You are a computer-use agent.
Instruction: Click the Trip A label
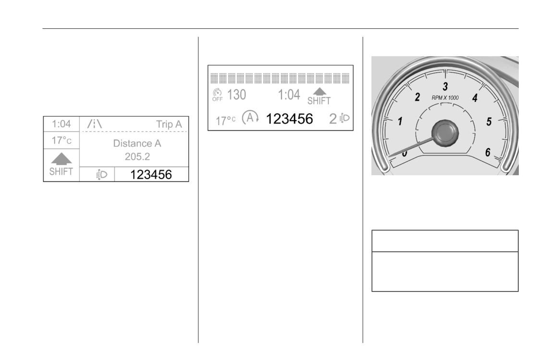(169, 124)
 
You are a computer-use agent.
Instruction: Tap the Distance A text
(137, 143)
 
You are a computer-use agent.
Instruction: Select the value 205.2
(137, 156)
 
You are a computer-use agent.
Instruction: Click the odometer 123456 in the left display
(151, 175)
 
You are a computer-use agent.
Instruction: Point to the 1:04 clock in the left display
(61, 124)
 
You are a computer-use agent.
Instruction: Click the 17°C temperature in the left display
(61, 140)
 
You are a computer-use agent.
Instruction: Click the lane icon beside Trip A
(94, 124)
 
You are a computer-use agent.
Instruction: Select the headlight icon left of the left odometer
(101, 175)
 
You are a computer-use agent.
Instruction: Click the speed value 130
(237, 95)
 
